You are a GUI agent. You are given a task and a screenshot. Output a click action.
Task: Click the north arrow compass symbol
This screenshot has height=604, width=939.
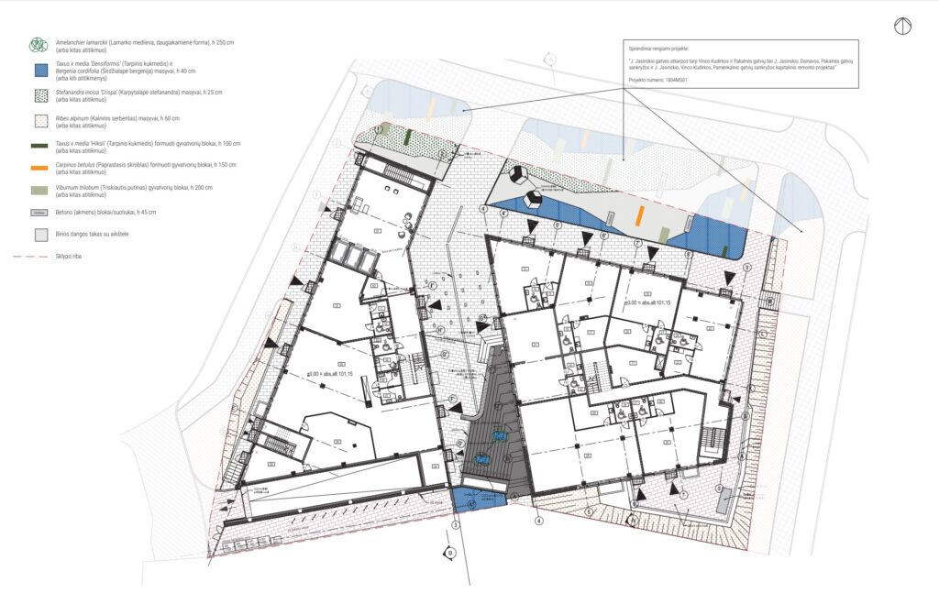pos(903,27)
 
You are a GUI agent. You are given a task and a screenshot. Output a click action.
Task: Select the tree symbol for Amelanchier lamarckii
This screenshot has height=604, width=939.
pos(39,44)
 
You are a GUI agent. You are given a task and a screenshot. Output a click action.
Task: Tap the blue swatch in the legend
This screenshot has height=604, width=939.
pos(39,71)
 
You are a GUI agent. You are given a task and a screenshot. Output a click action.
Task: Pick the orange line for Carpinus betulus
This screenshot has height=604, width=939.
pos(39,168)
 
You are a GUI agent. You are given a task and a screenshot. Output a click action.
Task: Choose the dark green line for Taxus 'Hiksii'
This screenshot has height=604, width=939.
pos(39,146)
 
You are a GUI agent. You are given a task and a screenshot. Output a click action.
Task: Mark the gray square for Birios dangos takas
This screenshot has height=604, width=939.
pos(39,235)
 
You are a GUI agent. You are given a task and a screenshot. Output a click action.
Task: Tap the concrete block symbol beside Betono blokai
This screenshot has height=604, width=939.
pos(39,213)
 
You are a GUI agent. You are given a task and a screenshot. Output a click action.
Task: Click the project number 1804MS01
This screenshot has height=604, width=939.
pos(672,80)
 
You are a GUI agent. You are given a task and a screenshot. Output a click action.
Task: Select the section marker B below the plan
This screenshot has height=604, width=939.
pos(450,553)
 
